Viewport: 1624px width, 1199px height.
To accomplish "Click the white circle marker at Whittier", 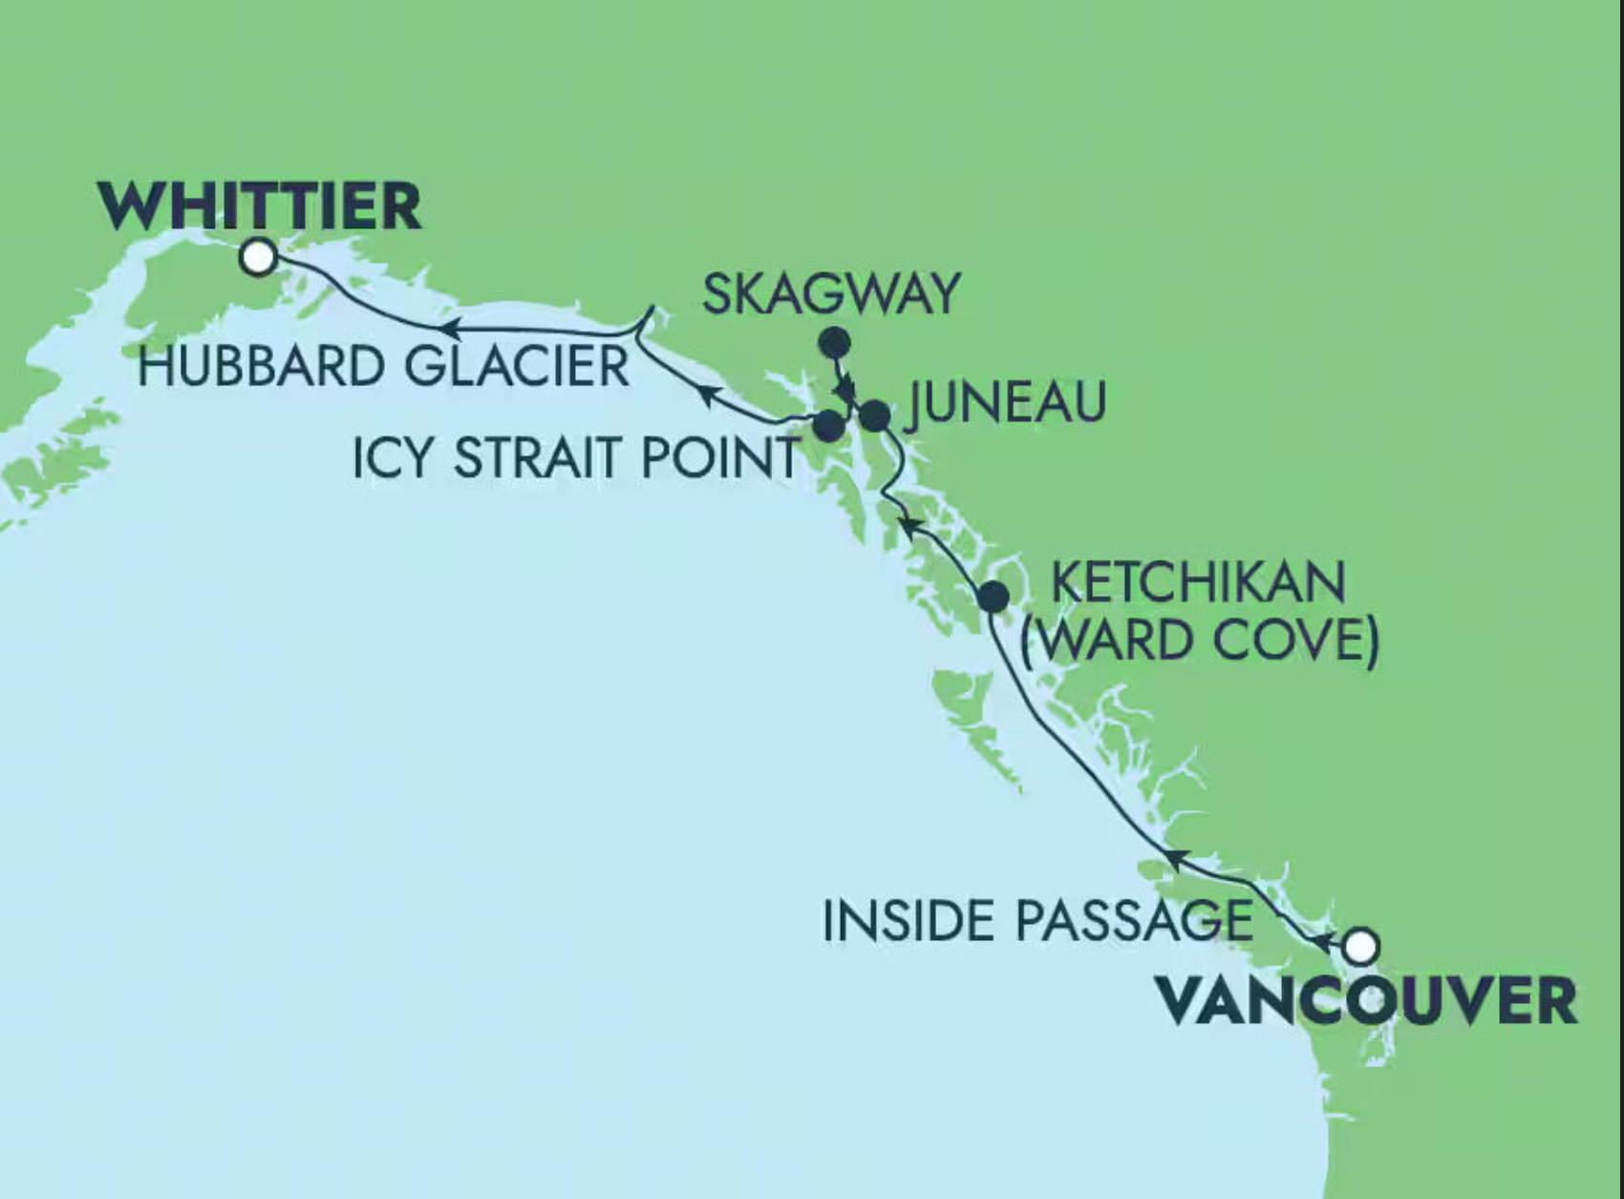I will (x=258, y=257).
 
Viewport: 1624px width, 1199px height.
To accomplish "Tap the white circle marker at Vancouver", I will (x=1360, y=946).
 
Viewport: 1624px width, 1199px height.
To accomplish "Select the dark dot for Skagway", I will (x=835, y=342).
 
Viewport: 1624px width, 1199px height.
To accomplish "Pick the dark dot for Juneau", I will (x=874, y=416).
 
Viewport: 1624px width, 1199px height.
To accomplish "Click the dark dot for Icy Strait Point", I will (x=828, y=425).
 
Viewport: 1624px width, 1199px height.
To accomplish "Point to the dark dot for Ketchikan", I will (x=994, y=596).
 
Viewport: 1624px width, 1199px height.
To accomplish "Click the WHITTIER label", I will (x=259, y=205).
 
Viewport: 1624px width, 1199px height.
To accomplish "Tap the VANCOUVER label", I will (x=1366, y=1000).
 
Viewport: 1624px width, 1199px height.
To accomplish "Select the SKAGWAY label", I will (x=831, y=293).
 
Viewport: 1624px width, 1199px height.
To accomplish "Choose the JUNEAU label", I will (x=1006, y=401).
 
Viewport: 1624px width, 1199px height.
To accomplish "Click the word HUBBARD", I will (x=261, y=367).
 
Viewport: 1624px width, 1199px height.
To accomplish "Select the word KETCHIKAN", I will (x=1199, y=583).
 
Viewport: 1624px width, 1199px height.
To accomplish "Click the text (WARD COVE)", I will (x=1200, y=640).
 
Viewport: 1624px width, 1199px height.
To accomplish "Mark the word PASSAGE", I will (x=1133, y=921).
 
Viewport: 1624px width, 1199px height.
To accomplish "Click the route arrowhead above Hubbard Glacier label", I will (x=450, y=330).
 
